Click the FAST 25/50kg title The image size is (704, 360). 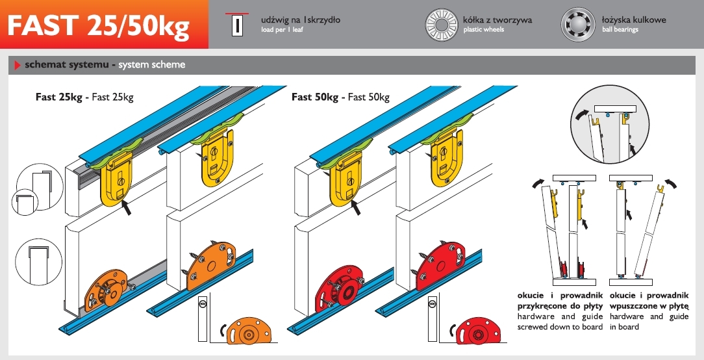[x=99, y=25]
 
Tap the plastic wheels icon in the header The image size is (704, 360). [x=442, y=25]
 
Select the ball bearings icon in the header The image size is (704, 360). [x=578, y=25]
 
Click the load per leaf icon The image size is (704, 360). [x=237, y=25]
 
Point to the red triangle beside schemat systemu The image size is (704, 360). [x=18, y=65]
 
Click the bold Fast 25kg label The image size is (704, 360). [x=59, y=97]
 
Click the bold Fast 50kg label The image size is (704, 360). [x=315, y=97]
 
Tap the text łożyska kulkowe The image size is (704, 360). [x=634, y=19]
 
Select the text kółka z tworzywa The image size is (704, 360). [x=497, y=19]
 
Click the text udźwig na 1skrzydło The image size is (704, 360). [x=301, y=19]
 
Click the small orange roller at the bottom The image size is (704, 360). [x=249, y=331]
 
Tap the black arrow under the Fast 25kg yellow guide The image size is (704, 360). [x=126, y=207]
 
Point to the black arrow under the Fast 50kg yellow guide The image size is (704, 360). [x=356, y=207]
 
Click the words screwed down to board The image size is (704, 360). [x=560, y=327]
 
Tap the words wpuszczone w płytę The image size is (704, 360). [x=649, y=306]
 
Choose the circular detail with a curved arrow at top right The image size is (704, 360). [x=610, y=125]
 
